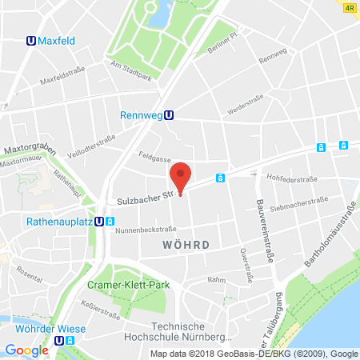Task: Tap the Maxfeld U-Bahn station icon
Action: [x=30, y=39]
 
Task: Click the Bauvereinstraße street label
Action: [x=260, y=226]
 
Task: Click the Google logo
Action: [x=27, y=350]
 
